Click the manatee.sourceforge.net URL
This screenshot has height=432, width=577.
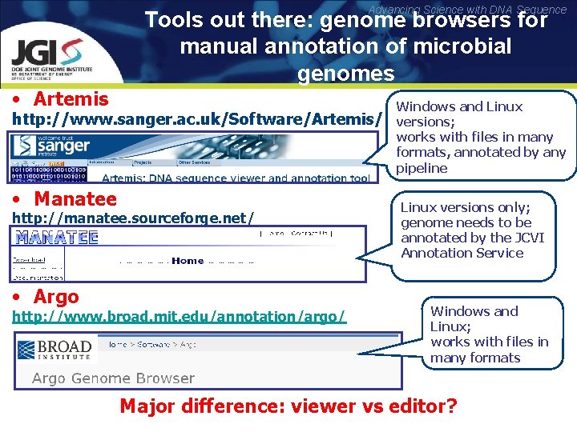tap(133, 218)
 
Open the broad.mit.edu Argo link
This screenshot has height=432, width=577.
tap(180, 317)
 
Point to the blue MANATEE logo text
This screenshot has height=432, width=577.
tap(56, 238)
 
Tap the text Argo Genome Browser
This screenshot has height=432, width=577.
tap(113, 378)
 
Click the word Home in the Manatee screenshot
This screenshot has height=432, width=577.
tap(188, 261)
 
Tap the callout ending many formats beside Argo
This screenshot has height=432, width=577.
tap(489, 334)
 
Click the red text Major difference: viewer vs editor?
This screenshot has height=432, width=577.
tap(288, 406)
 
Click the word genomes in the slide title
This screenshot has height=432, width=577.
tap(345, 74)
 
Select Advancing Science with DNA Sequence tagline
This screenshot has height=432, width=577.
tap(468, 10)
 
